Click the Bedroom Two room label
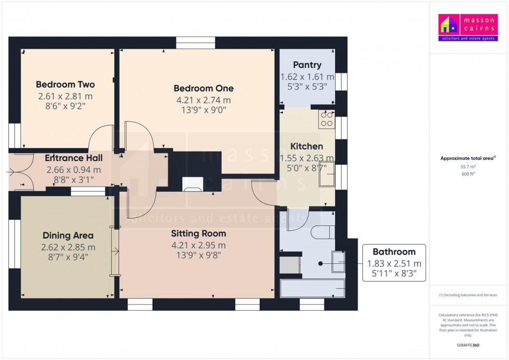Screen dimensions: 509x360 coord(65,84)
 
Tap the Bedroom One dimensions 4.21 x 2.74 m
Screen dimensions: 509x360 coord(204,100)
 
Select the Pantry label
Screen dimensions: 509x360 coord(307,65)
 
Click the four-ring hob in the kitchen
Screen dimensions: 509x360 coord(327,119)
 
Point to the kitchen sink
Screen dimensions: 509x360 coord(327,174)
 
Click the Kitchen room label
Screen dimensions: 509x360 coord(306,146)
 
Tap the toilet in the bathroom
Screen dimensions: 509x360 coord(323,232)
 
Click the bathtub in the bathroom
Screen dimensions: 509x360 coord(312,288)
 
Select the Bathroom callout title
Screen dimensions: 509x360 coord(394,252)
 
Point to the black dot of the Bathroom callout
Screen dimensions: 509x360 coord(320,263)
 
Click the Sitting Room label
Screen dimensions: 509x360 coord(198,233)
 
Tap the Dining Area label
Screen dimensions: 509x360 coord(68,235)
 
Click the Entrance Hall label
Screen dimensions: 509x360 coord(74,158)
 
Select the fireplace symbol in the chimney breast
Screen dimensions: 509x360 coord(193,184)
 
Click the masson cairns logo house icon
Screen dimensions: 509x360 coord(449,24)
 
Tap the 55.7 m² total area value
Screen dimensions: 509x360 coord(468,167)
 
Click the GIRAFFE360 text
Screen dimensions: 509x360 coord(468,345)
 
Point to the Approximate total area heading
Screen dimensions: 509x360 coord(467,158)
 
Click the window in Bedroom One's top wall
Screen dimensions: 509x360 coord(195,43)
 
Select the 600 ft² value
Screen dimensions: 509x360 coord(468,174)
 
